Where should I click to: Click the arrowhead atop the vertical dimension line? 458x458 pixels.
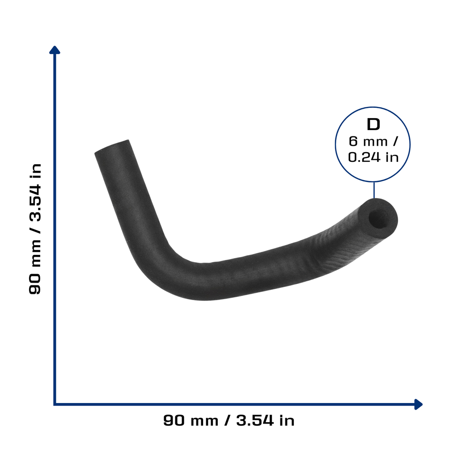55,50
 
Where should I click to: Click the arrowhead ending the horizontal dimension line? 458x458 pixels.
418,404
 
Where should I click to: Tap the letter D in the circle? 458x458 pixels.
373,124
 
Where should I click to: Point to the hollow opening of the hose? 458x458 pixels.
379,218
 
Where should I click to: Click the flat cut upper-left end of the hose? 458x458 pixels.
112,146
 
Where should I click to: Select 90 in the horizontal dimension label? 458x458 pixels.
174,420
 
